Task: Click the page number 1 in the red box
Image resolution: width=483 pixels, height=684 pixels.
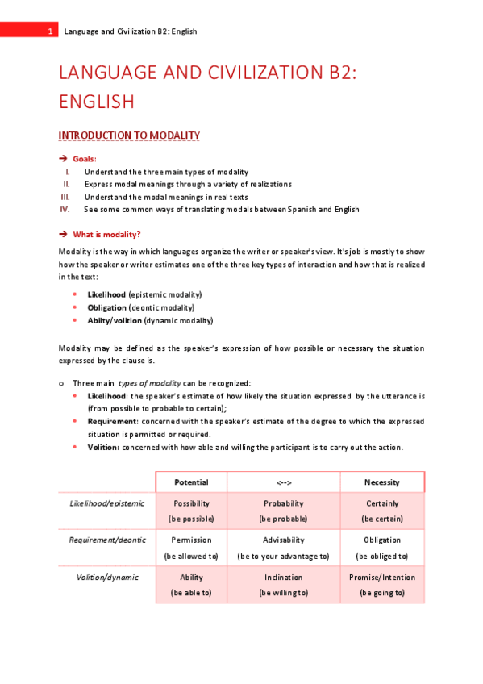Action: click(49, 31)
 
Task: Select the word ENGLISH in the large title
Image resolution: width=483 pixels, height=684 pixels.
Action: click(96, 102)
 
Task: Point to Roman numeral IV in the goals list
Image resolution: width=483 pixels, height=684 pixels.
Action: click(65, 209)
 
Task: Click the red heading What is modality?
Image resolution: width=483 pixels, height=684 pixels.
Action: click(106, 234)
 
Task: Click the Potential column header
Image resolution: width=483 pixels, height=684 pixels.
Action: click(191, 482)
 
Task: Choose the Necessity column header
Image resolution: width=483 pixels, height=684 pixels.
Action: click(381, 482)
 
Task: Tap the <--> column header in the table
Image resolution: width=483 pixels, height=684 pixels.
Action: click(283, 482)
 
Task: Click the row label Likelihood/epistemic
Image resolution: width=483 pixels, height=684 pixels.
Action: click(106, 503)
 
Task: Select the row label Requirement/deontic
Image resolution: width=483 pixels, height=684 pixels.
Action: click(106, 540)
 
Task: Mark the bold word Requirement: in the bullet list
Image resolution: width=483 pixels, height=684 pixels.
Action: click(113, 421)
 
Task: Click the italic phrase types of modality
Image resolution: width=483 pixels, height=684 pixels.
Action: click(149, 382)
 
